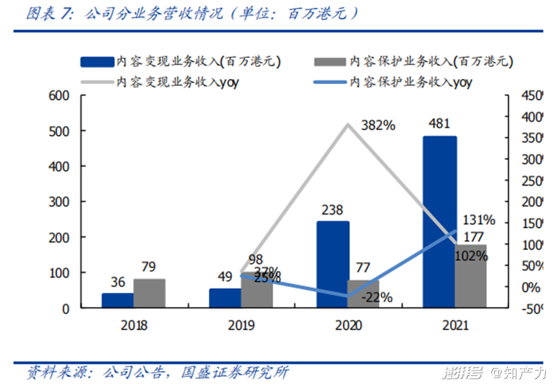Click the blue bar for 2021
pyautogui.click(x=439, y=222)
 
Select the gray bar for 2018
pyautogui.click(x=149, y=293)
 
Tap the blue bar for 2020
pyautogui.click(x=333, y=265)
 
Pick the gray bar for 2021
pyautogui.click(x=471, y=276)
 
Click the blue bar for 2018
pyautogui.click(x=118, y=301)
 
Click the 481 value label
pyautogui.click(x=439, y=124)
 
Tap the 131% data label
pyautogui.click(x=478, y=220)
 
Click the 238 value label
pyautogui.click(x=333, y=210)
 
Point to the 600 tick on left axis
pyautogui.click(x=58, y=96)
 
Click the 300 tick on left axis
pyautogui.click(x=58, y=202)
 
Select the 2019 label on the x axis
pyautogui.click(x=241, y=325)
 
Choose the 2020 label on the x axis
pyautogui.click(x=348, y=325)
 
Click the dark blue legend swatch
pyautogui.click(x=96, y=62)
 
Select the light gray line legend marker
pyautogui.click(x=96, y=82)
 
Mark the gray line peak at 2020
pyautogui.click(x=348, y=124)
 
